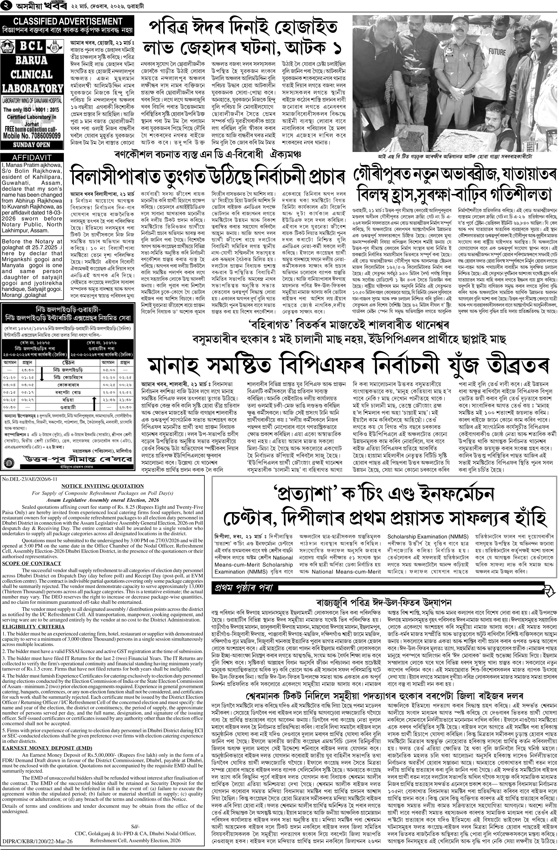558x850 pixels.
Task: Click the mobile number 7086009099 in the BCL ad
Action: click(x=32, y=136)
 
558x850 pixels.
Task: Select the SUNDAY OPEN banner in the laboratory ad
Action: click(x=32, y=145)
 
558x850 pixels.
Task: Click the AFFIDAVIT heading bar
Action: click(x=32, y=157)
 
